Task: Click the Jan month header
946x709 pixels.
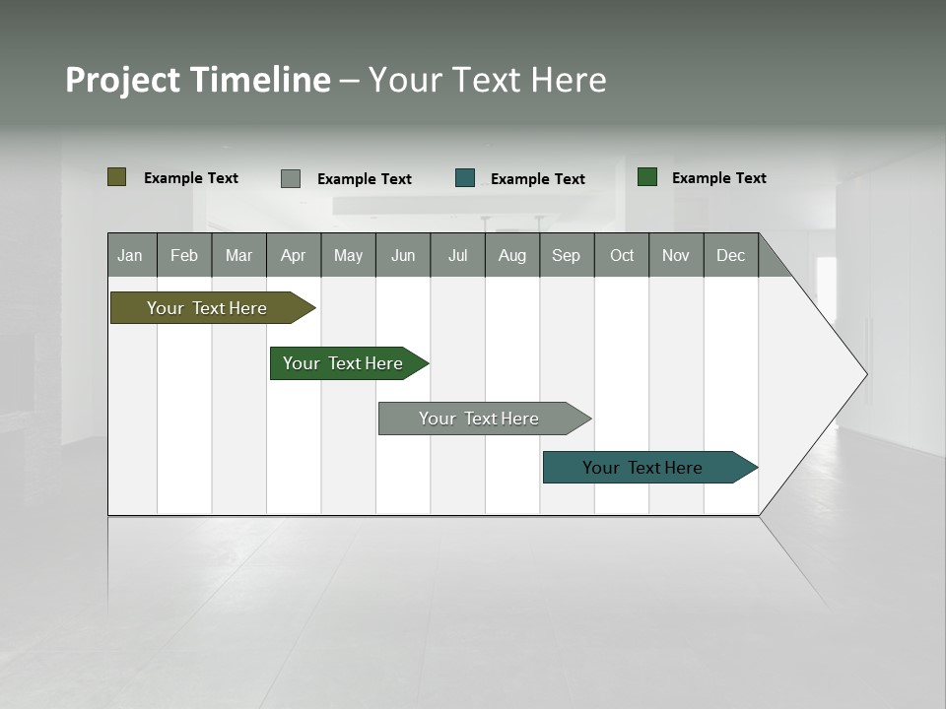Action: coord(131,255)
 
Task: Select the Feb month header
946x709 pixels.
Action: coord(184,255)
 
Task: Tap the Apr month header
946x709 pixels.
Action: coord(294,255)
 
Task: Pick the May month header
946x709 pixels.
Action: coord(348,255)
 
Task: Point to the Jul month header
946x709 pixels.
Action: coord(457,255)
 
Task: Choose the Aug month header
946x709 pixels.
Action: coord(512,255)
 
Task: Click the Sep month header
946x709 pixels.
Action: coord(567,255)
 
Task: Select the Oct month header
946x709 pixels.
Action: coord(622,255)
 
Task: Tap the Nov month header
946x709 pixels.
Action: coord(676,255)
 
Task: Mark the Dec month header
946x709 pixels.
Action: coord(731,255)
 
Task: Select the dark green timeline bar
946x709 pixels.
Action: coord(345,363)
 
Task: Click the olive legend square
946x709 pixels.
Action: coord(117,177)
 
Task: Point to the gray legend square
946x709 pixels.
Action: coord(291,178)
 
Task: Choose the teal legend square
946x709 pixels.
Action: coord(465,178)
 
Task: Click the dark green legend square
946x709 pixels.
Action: coord(647,177)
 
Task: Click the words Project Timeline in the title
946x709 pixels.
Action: coord(198,80)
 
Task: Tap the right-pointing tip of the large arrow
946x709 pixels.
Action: coord(864,373)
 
